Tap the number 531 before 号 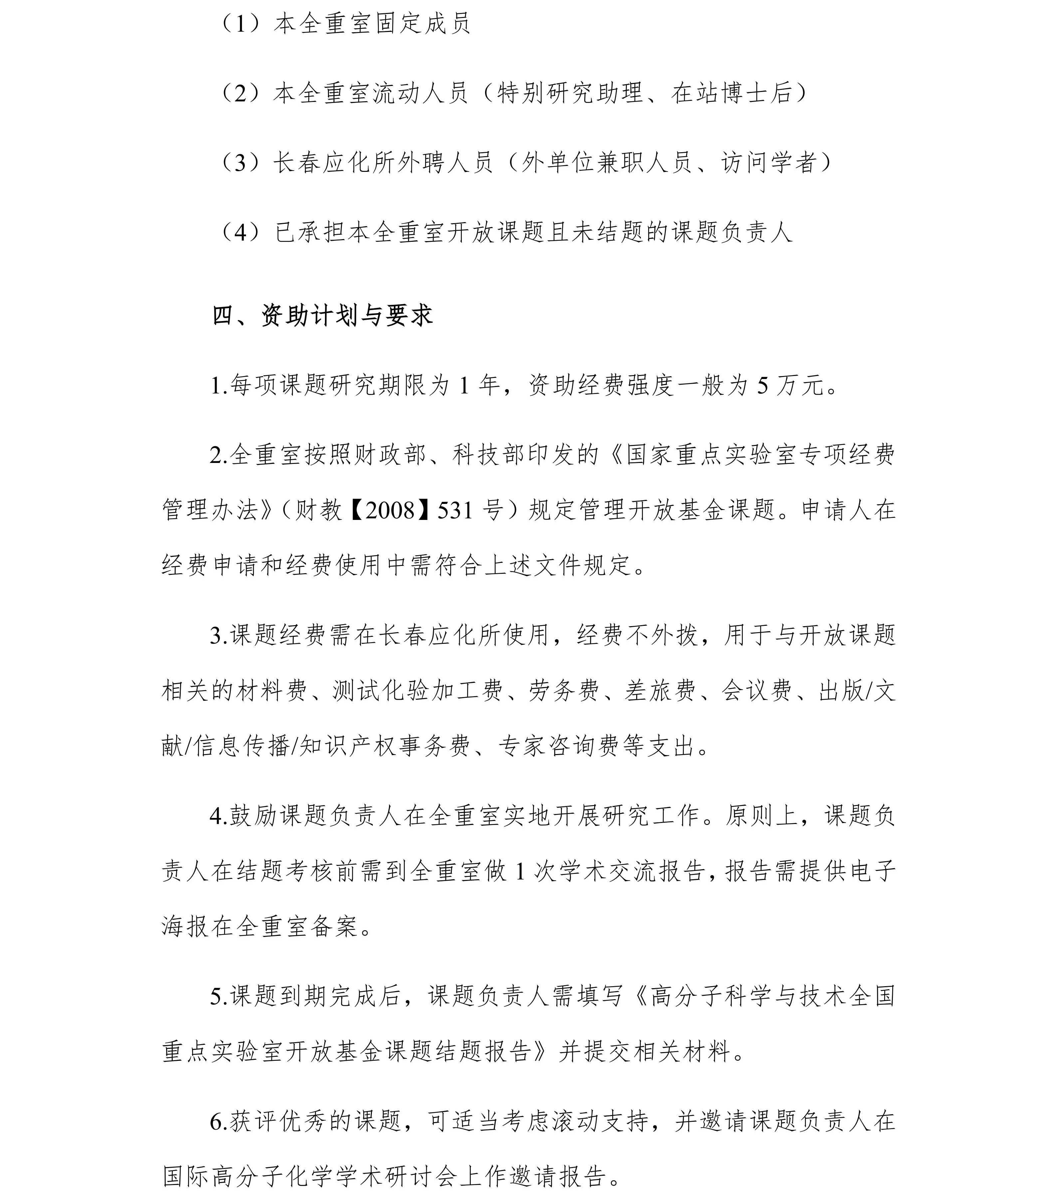(x=455, y=510)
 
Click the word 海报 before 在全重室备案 (x=187, y=927)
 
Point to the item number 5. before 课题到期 (x=218, y=996)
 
